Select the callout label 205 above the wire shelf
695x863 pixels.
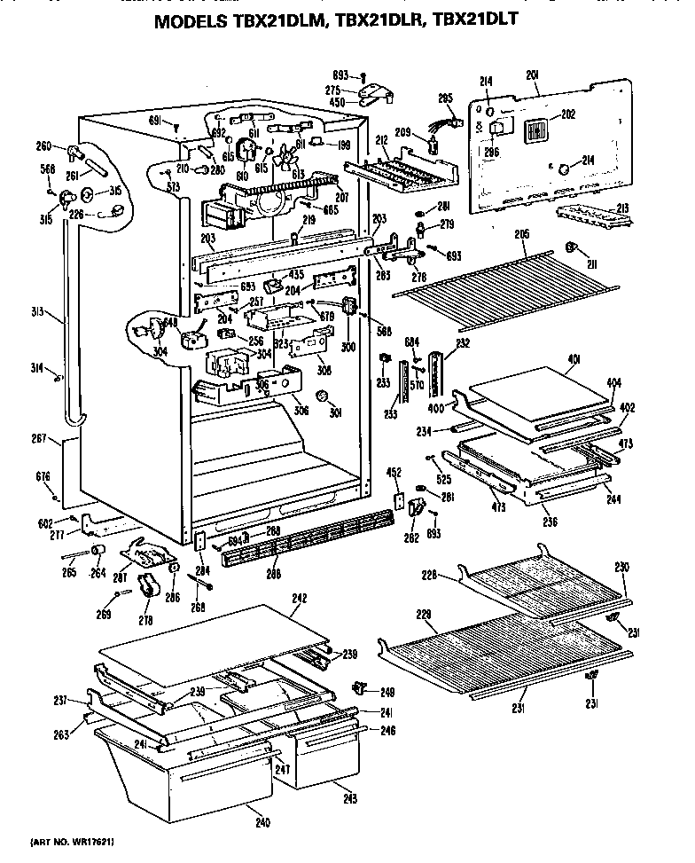coord(521,234)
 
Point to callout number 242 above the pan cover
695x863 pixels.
coord(299,599)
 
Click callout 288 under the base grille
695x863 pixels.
coord(273,575)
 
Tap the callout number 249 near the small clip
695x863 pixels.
coord(387,691)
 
